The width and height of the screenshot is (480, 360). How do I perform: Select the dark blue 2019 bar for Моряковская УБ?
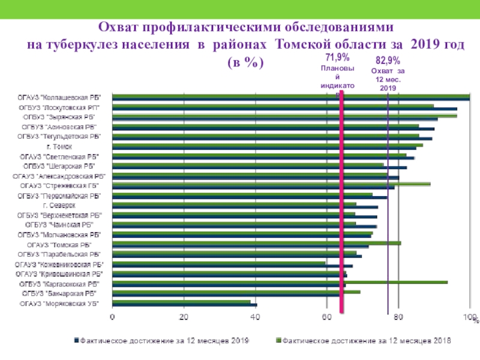pos(184,305)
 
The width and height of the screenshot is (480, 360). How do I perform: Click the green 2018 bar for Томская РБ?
pos(256,242)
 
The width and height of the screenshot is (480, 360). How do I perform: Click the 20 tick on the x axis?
pos(184,317)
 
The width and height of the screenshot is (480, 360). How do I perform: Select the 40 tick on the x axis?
pos(256,317)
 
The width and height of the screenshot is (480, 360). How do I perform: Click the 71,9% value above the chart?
pos(338,58)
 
